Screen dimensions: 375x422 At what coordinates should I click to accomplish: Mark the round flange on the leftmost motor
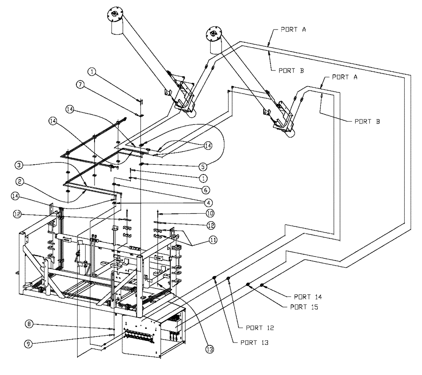114,16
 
